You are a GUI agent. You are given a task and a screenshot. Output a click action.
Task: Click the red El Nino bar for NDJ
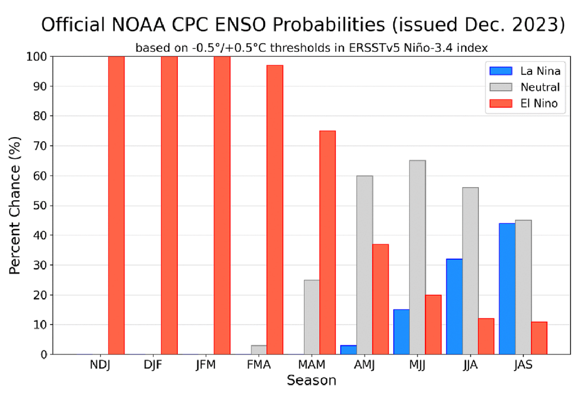pyautogui.click(x=116, y=205)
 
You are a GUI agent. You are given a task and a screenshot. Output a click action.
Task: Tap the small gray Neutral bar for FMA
pyautogui.click(x=259, y=350)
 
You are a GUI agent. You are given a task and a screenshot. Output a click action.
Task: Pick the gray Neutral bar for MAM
pyautogui.click(x=312, y=317)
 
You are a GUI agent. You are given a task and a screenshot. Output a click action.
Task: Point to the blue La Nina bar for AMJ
pyautogui.click(x=348, y=350)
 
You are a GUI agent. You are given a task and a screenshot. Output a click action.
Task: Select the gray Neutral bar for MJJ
pyautogui.click(x=417, y=257)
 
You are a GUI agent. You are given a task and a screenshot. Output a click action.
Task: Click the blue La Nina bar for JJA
pyautogui.click(x=454, y=307)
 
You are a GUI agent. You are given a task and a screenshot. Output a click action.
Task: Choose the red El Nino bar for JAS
pyautogui.click(x=539, y=338)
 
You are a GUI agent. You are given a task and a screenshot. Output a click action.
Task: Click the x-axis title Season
pyautogui.click(x=311, y=381)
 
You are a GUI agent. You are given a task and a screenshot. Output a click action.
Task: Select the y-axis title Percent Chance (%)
pyautogui.click(x=16, y=205)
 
